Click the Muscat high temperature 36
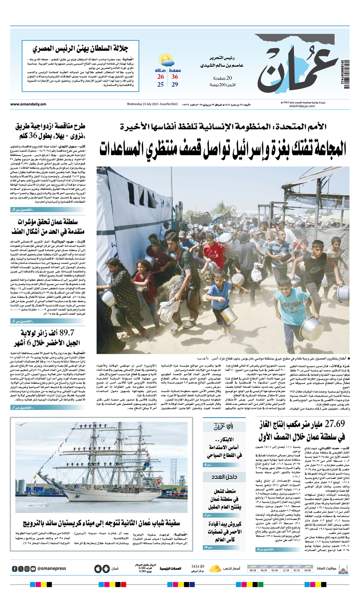coord(175,77)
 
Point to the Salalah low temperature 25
coord(160,85)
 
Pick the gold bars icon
coord(216,568)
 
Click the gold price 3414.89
coord(198,566)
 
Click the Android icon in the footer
coord(106,568)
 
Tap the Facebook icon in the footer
coord(15,569)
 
